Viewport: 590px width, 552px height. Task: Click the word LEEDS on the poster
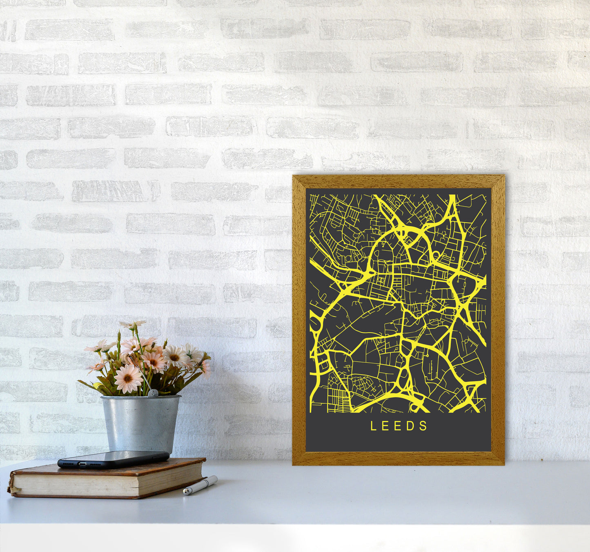click(399, 426)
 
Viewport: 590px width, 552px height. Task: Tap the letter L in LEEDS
click(373, 426)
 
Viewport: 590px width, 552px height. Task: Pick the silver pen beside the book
click(200, 485)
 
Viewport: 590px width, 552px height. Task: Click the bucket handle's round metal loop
click(152, 393)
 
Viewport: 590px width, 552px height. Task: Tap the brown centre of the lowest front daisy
click(127, 378)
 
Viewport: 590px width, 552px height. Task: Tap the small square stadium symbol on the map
click(381, 280)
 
